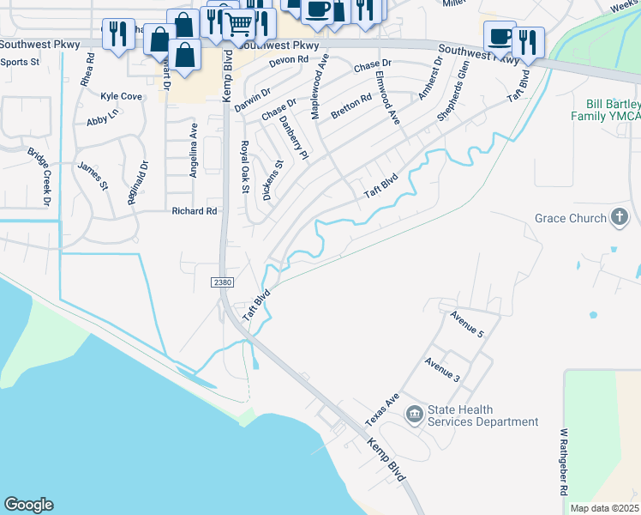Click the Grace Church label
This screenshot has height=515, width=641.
571,218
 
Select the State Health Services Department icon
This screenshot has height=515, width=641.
415,415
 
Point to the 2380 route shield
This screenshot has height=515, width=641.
222,282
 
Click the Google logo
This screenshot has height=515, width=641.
28,505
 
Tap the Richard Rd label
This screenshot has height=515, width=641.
195,211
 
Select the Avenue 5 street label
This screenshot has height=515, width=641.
468,324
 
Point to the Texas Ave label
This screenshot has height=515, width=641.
382,411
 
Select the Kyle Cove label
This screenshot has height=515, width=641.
121,97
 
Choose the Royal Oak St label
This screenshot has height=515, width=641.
244,167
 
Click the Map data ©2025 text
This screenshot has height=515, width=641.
605,508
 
